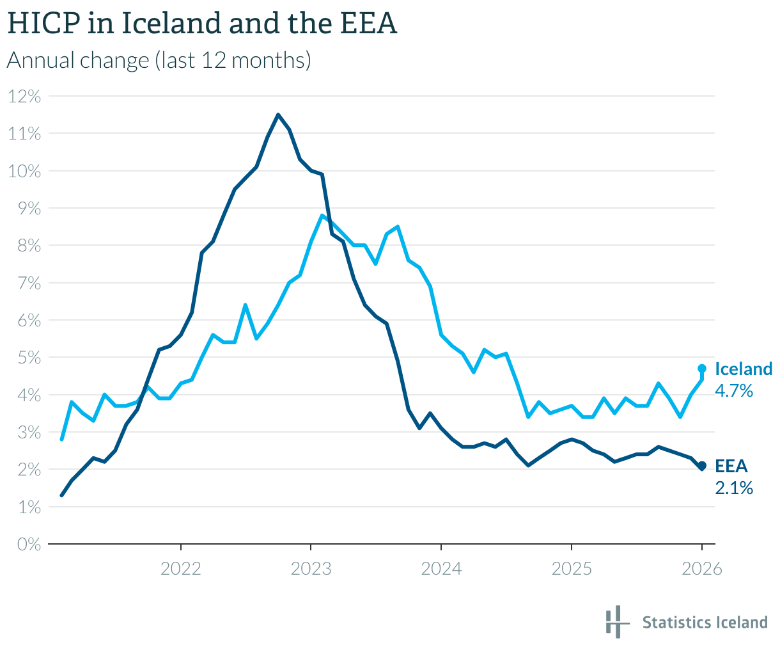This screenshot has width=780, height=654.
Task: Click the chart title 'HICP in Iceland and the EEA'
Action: point(202,24)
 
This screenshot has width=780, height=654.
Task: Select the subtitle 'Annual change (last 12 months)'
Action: point(159,60)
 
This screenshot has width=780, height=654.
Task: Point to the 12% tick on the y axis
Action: point(25,97)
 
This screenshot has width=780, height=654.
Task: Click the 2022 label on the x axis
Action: point(181,568)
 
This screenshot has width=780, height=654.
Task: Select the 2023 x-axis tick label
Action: point(311,568)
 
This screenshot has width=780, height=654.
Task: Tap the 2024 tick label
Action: point(441,568)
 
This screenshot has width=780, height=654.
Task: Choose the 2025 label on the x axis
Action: point(571,568)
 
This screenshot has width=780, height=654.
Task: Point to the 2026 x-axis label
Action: point(701,568)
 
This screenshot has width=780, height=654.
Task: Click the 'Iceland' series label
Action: point(744,369)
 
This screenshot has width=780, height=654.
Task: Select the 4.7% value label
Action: point(734,390)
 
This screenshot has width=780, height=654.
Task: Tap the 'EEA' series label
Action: point(731,467)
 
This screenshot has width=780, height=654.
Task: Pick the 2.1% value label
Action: point(734,488)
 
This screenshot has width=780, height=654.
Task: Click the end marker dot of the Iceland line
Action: point(701,369)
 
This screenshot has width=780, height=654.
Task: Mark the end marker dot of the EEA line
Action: point(701,466)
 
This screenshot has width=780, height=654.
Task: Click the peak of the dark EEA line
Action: point(278,115)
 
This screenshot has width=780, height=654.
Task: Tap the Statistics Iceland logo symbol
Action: point(614,621)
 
